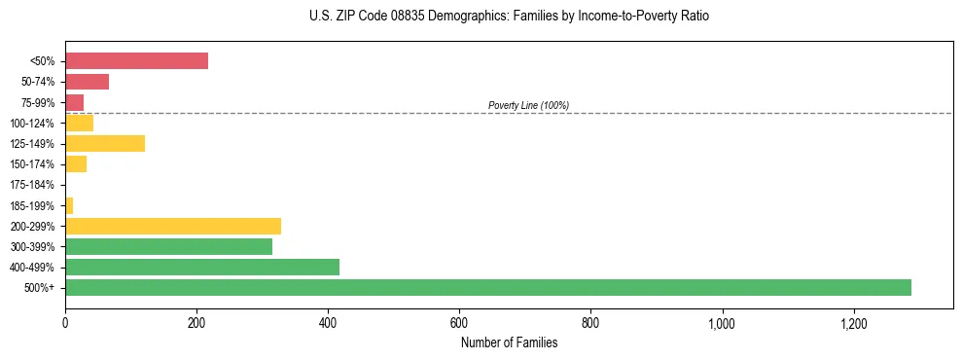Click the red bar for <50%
point(136,61)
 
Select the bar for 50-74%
point(87,82)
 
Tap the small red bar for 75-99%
point(74,102)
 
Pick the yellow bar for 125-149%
point(105,143)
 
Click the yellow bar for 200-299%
point(173,226)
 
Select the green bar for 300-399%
point(168,246)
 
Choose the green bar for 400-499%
point(202,267)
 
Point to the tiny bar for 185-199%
point(69,205)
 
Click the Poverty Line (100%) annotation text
point(528,105)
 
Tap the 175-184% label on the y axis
point(32,185)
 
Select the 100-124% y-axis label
point(32,124)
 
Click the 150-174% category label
point(32,164)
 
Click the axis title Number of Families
point(509,342)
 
